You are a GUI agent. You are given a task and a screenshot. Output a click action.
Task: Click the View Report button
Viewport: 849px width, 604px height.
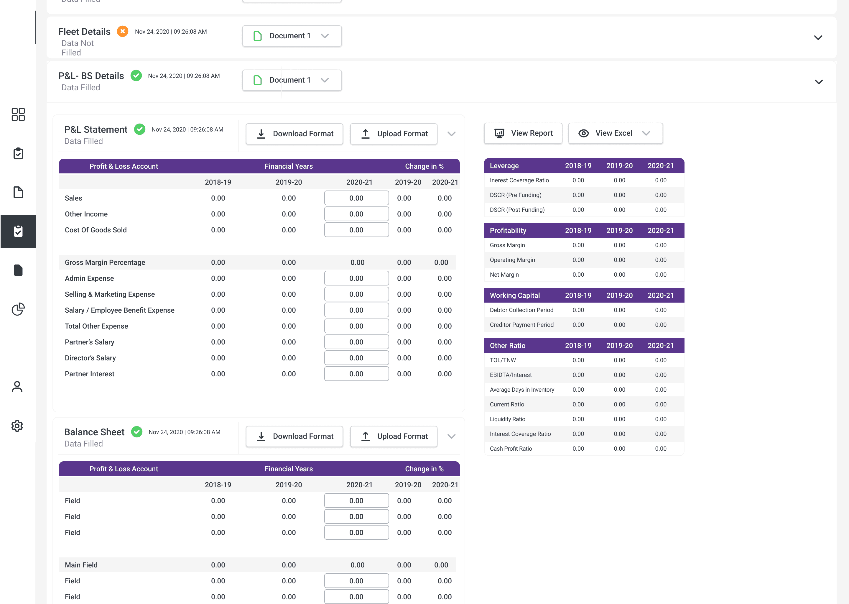point(523,133)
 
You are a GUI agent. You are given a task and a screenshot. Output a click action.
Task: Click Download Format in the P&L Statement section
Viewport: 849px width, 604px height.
point(294,134)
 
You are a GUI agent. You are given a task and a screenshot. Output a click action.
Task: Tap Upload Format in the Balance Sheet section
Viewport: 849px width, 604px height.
point(394,436)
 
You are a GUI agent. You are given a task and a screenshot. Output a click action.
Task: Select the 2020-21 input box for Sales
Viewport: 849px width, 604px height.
point(356,198)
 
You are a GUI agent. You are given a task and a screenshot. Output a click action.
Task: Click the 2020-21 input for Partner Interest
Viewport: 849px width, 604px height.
point(356,374)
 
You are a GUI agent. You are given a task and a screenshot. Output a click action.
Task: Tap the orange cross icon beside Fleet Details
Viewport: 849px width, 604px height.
point(123,31)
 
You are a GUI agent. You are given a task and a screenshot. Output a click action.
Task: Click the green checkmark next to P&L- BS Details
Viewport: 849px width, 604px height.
point(136,75)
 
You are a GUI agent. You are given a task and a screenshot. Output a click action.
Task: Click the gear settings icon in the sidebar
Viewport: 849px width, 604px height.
point(17,426)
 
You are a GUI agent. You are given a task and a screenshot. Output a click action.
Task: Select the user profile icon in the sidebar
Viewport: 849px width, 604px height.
point(17,387)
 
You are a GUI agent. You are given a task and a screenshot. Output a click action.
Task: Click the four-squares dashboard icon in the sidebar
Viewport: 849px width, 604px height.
point(18,114)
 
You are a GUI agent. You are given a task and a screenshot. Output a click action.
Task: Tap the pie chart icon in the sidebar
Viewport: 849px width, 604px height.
point(18,309)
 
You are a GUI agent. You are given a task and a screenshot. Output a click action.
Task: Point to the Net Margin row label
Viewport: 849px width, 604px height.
point(504,275)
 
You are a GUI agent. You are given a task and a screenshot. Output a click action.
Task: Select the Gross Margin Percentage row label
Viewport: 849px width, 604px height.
point(105,262)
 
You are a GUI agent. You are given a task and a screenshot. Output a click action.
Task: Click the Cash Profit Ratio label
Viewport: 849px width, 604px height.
point(511,449)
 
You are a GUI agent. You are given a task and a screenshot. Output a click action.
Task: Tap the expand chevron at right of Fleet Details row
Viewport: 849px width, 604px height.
point(818,37)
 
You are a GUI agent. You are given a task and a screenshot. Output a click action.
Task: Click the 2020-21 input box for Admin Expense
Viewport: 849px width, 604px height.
point(356,278)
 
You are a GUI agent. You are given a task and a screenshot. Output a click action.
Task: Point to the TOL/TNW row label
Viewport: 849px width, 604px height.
point(503,360)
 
